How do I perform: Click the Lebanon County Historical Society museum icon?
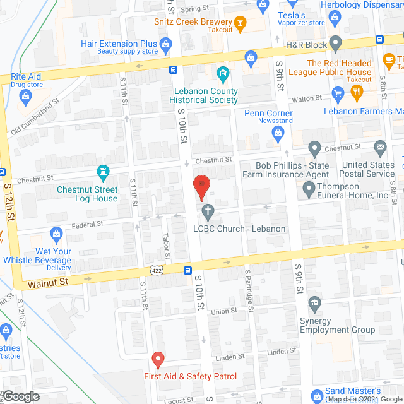pyautogui.click(x=222, y=76)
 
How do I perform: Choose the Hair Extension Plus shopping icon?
pyautogui.click(x=166, y=44)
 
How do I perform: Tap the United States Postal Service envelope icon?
pyautogui.click(x=380, y=149)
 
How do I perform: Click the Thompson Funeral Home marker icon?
pyautogui.click(x=309, y=187)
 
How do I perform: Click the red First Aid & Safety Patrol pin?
pyautogui.click(x=158, y=360)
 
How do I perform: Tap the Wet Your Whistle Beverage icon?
pyautogui.click(x=56, y=234)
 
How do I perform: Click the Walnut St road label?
pyautogui.click(x=47, y=283)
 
